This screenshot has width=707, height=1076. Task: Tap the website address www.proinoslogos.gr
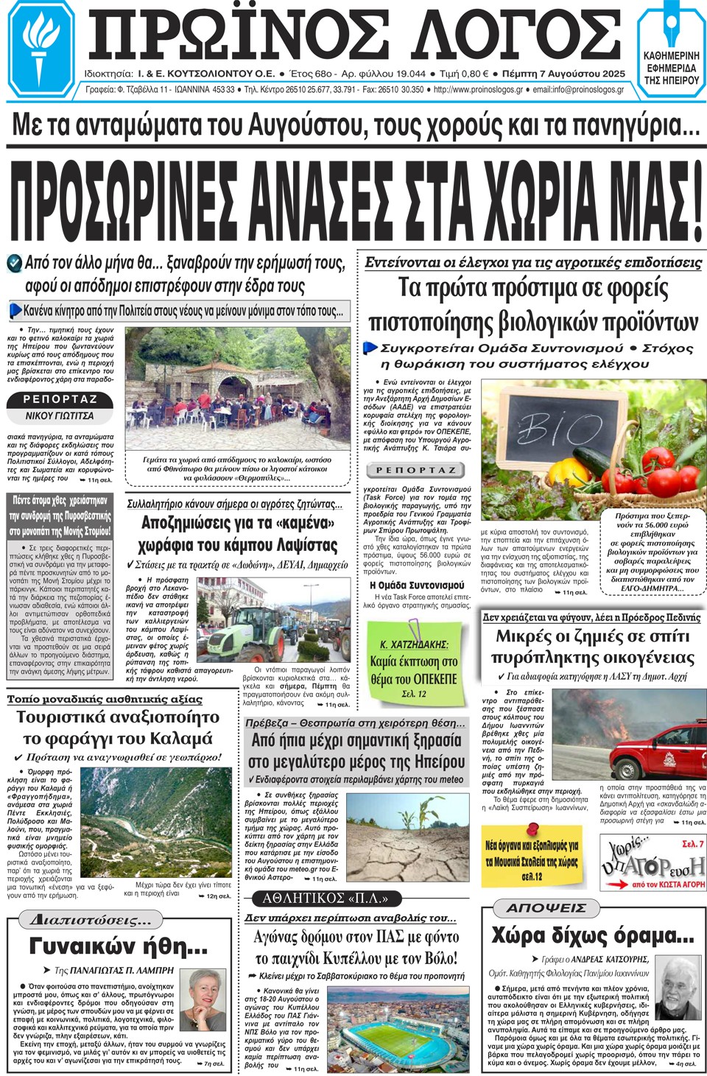478,90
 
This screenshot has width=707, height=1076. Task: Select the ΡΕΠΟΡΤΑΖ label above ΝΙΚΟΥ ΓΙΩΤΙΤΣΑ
60,399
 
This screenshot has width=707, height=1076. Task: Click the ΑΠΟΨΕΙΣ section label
546,908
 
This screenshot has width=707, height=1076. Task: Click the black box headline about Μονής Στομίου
61,516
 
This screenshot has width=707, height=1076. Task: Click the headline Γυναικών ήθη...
118,946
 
